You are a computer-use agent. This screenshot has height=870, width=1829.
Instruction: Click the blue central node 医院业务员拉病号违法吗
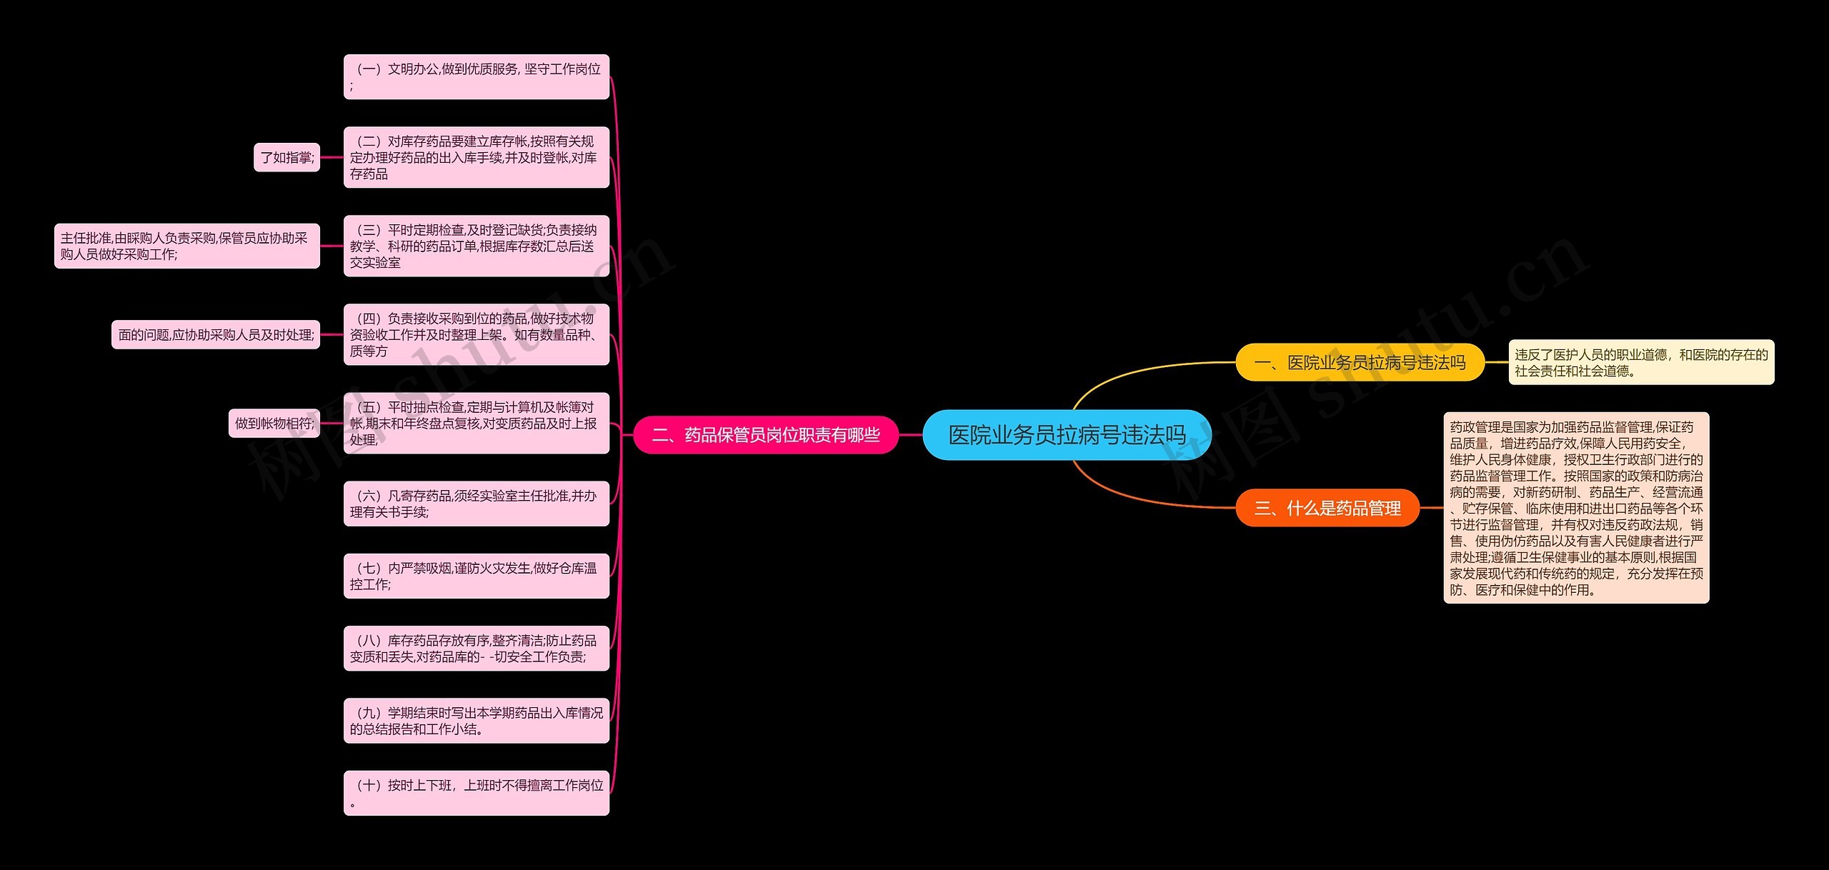(1067, 434)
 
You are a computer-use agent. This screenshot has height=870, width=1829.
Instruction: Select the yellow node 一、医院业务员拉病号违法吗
(1360, 363)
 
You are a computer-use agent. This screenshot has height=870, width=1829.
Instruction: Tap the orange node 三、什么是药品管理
(1327, 508)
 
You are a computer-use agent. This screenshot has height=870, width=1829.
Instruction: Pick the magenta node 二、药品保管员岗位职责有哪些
(765, 434)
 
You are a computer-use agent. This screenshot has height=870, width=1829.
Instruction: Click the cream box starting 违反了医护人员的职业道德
(1641, 362)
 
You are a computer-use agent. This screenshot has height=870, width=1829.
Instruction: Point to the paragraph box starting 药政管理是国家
(1576, 508)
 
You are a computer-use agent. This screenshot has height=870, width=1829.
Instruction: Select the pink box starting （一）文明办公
(476, 76)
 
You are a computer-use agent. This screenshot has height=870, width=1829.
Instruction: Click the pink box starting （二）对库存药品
(476, 157)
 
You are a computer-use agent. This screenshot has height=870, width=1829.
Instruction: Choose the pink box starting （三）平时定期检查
(476, 246)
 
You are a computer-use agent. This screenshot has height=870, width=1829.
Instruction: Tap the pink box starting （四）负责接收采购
(476, 334)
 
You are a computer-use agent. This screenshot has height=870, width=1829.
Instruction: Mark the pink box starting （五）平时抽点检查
(476, 423)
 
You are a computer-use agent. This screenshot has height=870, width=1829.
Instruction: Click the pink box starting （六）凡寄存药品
(476, 504)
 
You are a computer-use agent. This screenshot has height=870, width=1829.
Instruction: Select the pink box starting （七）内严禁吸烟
(476, 576)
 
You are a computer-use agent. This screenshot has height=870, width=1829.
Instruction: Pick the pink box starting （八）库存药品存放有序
(476, 648)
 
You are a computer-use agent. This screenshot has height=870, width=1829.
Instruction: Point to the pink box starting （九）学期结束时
(476, 721)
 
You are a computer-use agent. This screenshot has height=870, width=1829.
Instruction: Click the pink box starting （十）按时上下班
(476, 793)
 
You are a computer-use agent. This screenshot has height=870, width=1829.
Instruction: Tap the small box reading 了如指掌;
(286, 157)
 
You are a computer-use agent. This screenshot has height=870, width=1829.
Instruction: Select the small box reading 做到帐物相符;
(274, 423)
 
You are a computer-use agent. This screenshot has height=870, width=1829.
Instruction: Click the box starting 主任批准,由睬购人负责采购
(186, 246)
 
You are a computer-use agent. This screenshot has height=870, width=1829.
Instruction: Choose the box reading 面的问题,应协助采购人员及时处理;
(216, 334)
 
